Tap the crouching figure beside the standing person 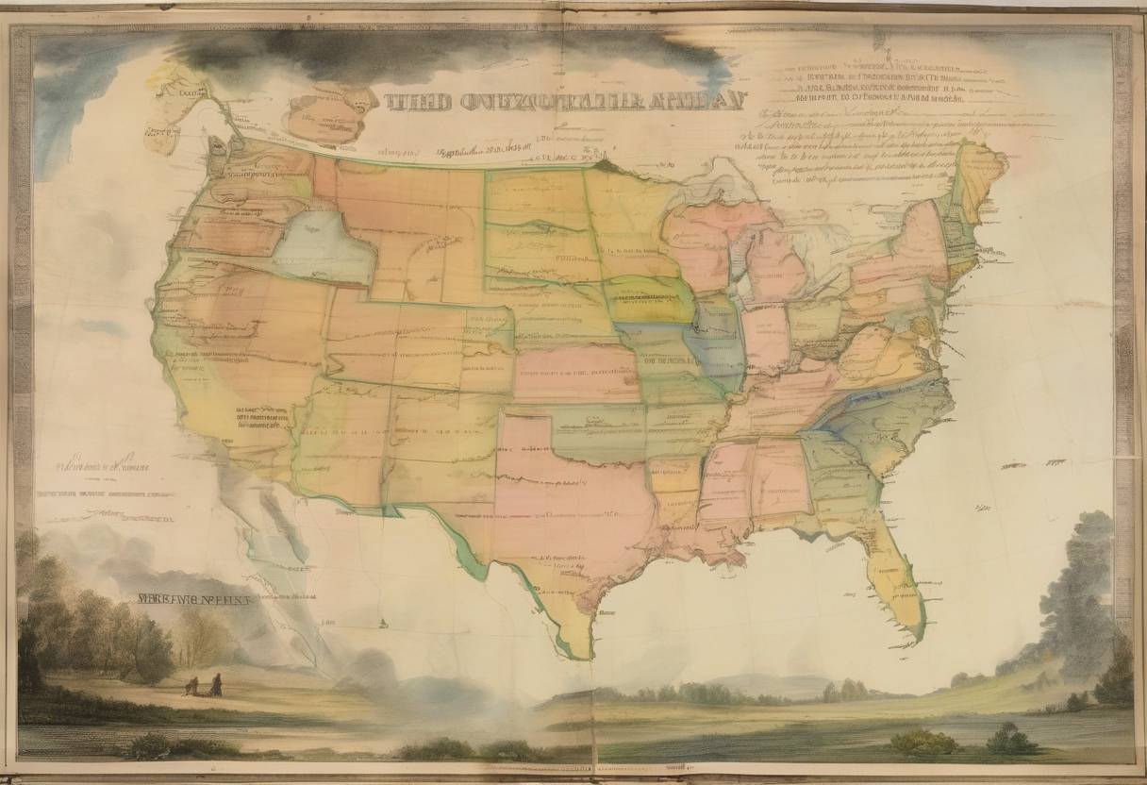pos(194,687)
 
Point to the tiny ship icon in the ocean pos(384,622)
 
